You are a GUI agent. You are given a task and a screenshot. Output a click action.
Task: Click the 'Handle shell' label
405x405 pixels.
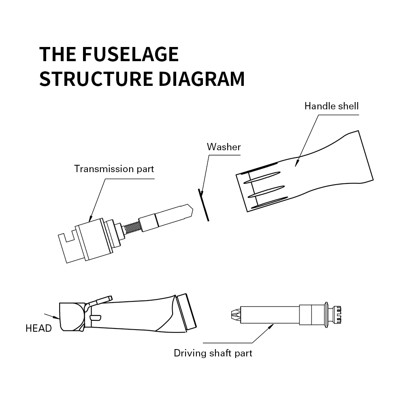point(331,106)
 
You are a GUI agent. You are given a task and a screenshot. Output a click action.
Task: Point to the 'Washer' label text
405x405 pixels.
point(224,147)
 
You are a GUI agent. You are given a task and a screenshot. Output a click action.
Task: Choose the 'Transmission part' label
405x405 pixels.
point(114,168)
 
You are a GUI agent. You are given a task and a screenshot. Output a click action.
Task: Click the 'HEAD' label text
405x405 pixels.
point(38,328)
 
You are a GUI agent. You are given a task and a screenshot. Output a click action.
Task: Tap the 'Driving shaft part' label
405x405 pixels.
point(213,353)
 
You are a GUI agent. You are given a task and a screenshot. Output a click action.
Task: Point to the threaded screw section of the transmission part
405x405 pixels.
point(130,227)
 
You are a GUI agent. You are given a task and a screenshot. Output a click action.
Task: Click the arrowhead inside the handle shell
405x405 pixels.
point(296,163)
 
